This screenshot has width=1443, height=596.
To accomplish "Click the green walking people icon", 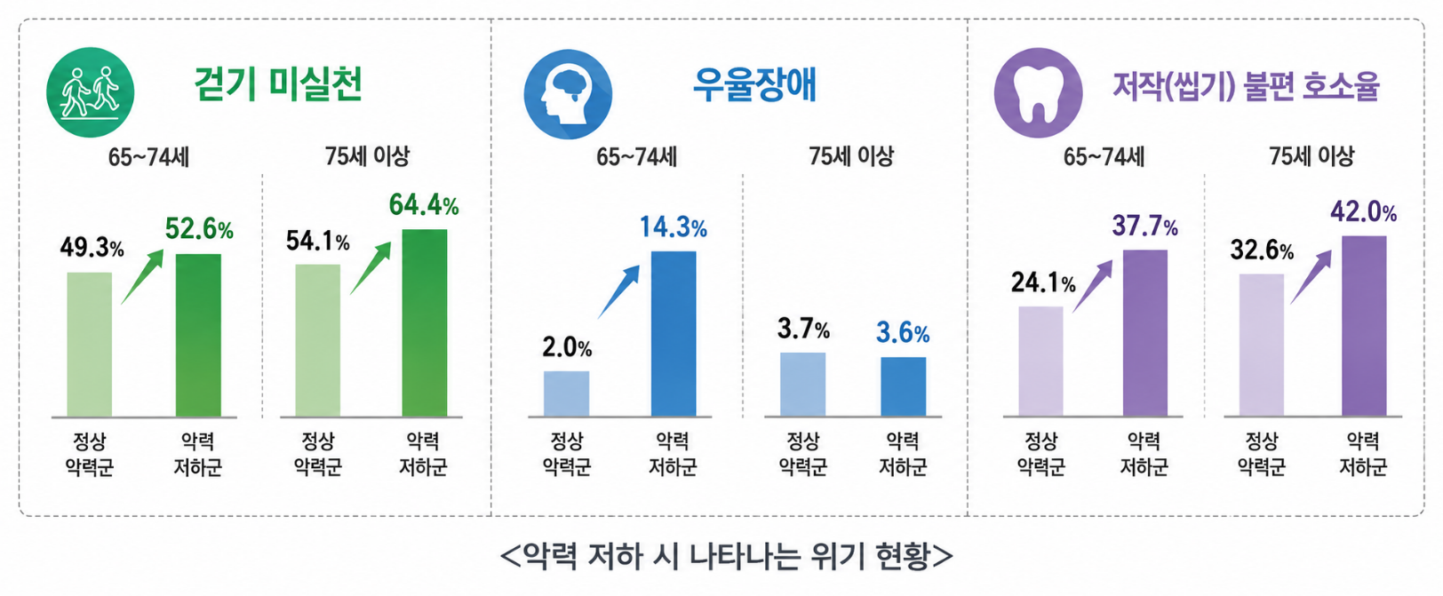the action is (91, 92).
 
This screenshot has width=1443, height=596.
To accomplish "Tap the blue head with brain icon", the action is (568, 94).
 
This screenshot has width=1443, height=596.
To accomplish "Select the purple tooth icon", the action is (1038, 92).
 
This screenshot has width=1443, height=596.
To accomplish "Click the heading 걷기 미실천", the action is (278, 84).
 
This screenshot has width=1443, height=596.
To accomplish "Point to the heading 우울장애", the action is (754, 84).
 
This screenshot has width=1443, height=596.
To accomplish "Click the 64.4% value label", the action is (424, 204).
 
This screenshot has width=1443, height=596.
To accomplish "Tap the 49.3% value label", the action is (92, 247).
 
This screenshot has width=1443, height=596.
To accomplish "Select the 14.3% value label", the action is (674, 226).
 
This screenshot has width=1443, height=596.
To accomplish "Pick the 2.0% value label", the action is (567, 347).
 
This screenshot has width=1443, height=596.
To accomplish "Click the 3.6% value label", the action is (903, 333).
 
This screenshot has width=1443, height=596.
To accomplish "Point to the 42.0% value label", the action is (1364, 211).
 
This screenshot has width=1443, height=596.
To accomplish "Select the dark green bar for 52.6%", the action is (198, 336).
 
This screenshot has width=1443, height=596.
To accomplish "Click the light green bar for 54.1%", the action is (317, 340).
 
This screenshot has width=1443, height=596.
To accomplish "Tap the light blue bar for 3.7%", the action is (802, 385).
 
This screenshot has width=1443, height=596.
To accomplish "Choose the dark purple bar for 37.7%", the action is (1144, 333).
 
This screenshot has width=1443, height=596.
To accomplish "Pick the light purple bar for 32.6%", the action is (1262, 345).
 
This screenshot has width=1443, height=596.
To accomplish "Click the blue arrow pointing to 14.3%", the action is (618, 291).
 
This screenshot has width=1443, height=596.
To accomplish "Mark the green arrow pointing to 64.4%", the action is (371, 268).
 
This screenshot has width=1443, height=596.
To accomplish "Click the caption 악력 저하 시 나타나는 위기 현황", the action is (726, 556).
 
